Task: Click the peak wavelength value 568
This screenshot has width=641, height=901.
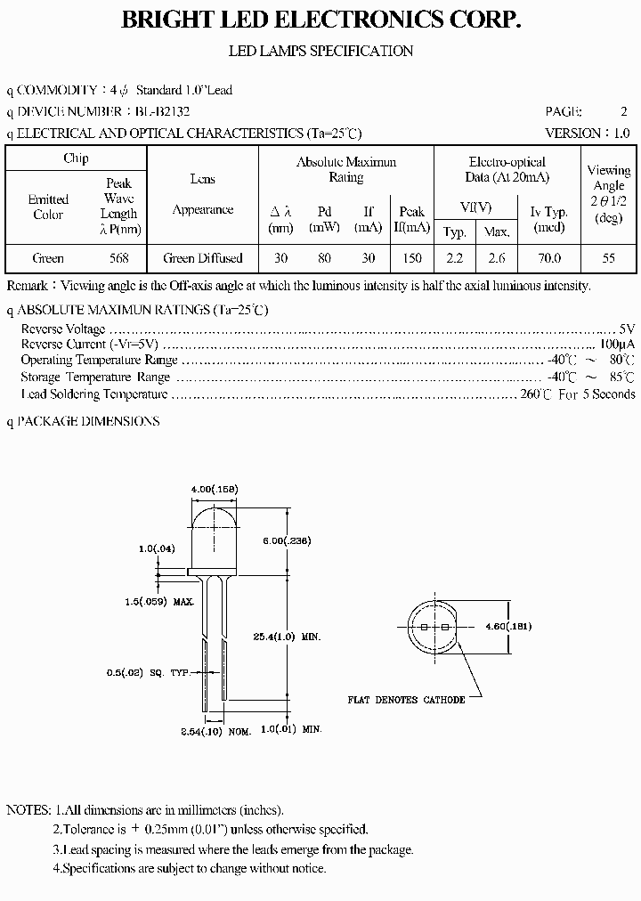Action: (118, 258)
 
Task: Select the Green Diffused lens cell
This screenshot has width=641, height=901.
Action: (202, 258)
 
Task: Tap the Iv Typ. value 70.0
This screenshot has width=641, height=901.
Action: (549, 258)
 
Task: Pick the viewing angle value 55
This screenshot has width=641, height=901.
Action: (609, 258)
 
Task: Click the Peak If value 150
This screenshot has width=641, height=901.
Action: (411, 258)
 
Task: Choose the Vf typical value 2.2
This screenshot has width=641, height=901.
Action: (454, 258)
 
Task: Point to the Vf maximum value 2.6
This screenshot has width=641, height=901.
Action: (496, 258)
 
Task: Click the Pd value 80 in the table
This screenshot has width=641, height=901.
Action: (324, 258)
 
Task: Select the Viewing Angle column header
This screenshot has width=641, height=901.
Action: (609, 193)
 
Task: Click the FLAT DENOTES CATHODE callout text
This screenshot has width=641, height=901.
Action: (406, 700)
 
